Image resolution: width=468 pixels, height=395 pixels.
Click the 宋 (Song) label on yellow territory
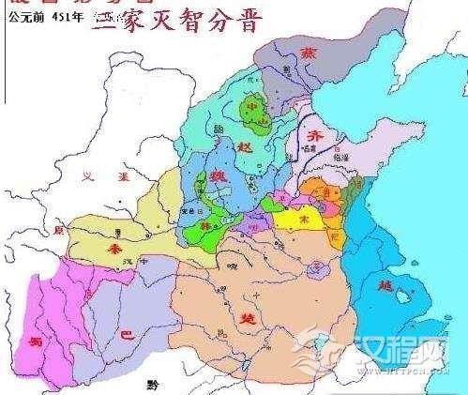(x=303, y=217)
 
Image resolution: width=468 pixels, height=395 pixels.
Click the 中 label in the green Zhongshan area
(x=249, y=107)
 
